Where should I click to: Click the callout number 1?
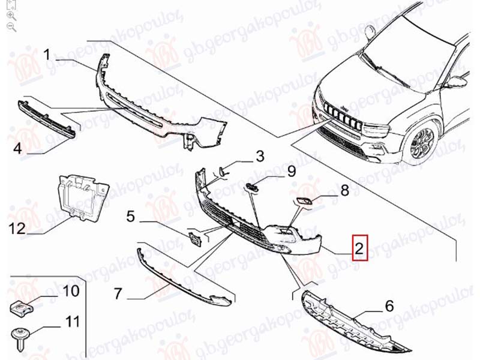pyautogui.click(x=47, y=55)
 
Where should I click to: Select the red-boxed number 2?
pyautogui.click(x=359, y=247)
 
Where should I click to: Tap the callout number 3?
pyautogui.click(x=260, y=156)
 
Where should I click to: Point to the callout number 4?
pyautogui.click(x=18, y=148)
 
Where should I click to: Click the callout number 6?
pyautogui.click(x=389, y=305)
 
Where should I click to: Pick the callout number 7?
pyautogui.click(x=118, y=293)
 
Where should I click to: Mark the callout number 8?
pyautogui.click(x=345, y=190)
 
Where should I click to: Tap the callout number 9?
pyautogui.click(x=291, y=171)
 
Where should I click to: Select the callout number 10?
pyautogui.click(x=71, y=290)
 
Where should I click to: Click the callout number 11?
pyautogui.click(x=72, y=322)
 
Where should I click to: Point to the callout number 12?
pyautogui.click(x=17, y=228)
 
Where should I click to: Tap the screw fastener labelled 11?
pyautogui.click(x=20, y=335)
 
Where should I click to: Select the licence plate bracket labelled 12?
pyautogui.click(x=83, y=196)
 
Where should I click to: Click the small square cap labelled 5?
pyautogui.click(x=194, y=239)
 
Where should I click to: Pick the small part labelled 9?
pyautogui.click(x=251, y=187)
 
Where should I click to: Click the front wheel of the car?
pyautogui.click(x=422, y=143)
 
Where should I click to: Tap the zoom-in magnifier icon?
pyautogui.click(x=11, y=16)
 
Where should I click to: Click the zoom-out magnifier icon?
pyautogui.click(x=11, y=26)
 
